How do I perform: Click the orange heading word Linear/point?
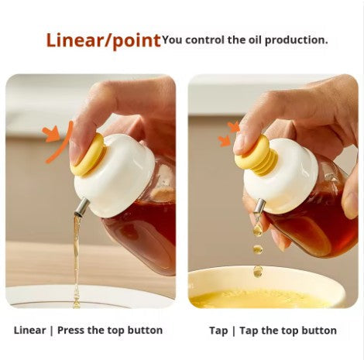[x=102, y=40]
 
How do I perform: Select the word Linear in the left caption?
[x=29, y=331]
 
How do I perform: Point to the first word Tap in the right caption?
[x=218, y=331]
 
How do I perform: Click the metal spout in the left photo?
[x=81, y=207]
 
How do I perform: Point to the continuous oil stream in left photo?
[x=76, y=255]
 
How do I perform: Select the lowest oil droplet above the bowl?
[x=257, y=270]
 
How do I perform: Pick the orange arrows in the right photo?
[x=228, y=133]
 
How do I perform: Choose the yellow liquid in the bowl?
[x=256, y=299]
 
